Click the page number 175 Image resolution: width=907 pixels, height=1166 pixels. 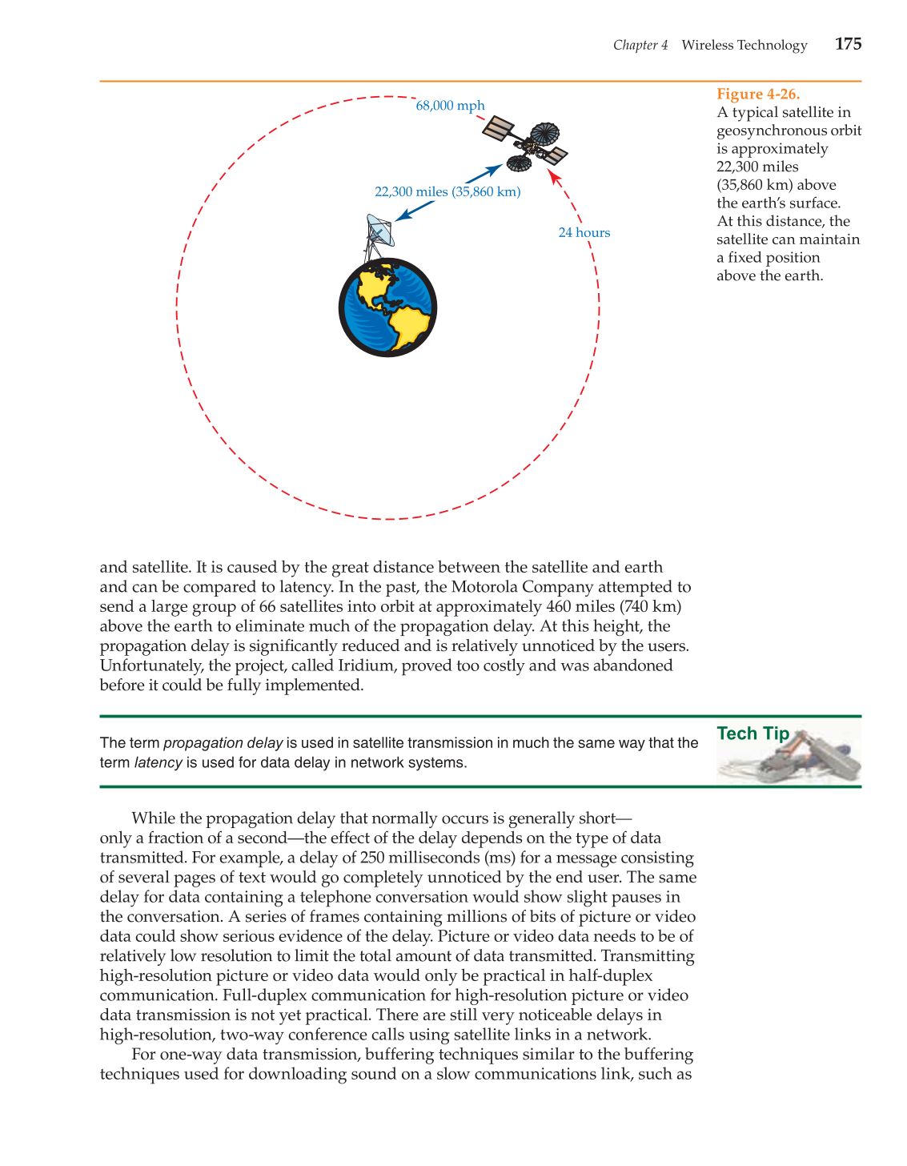pyautogui.click(x=848, y=44)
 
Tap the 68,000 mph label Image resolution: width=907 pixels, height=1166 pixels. pyautogui.click(x=450, y=106)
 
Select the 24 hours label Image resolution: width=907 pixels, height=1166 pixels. pyautogui.click(x=584, y=233)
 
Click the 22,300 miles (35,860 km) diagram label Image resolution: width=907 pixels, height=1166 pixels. pyautogui.click(x=447, y=192)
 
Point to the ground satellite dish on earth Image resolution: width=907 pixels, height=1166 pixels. pyautogui.click(x=379, y=231)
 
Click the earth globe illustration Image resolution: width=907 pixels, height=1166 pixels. pyautogui.click(x=387, y=308)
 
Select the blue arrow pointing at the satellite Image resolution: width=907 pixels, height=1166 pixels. pyautogui.click(x=484, y=173)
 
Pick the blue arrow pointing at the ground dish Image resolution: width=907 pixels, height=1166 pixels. pyautogui.click(x=415, y=211)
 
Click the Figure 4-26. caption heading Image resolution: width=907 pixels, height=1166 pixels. pyautogui.click(x=757, y=94)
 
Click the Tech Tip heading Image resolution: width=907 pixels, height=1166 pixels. pyautogui.click(x=752, y=734)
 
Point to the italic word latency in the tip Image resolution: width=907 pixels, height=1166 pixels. pyautogui.click(x=158, y=763)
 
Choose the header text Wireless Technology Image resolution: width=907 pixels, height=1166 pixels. pyautogui.click(x=744, y=46)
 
